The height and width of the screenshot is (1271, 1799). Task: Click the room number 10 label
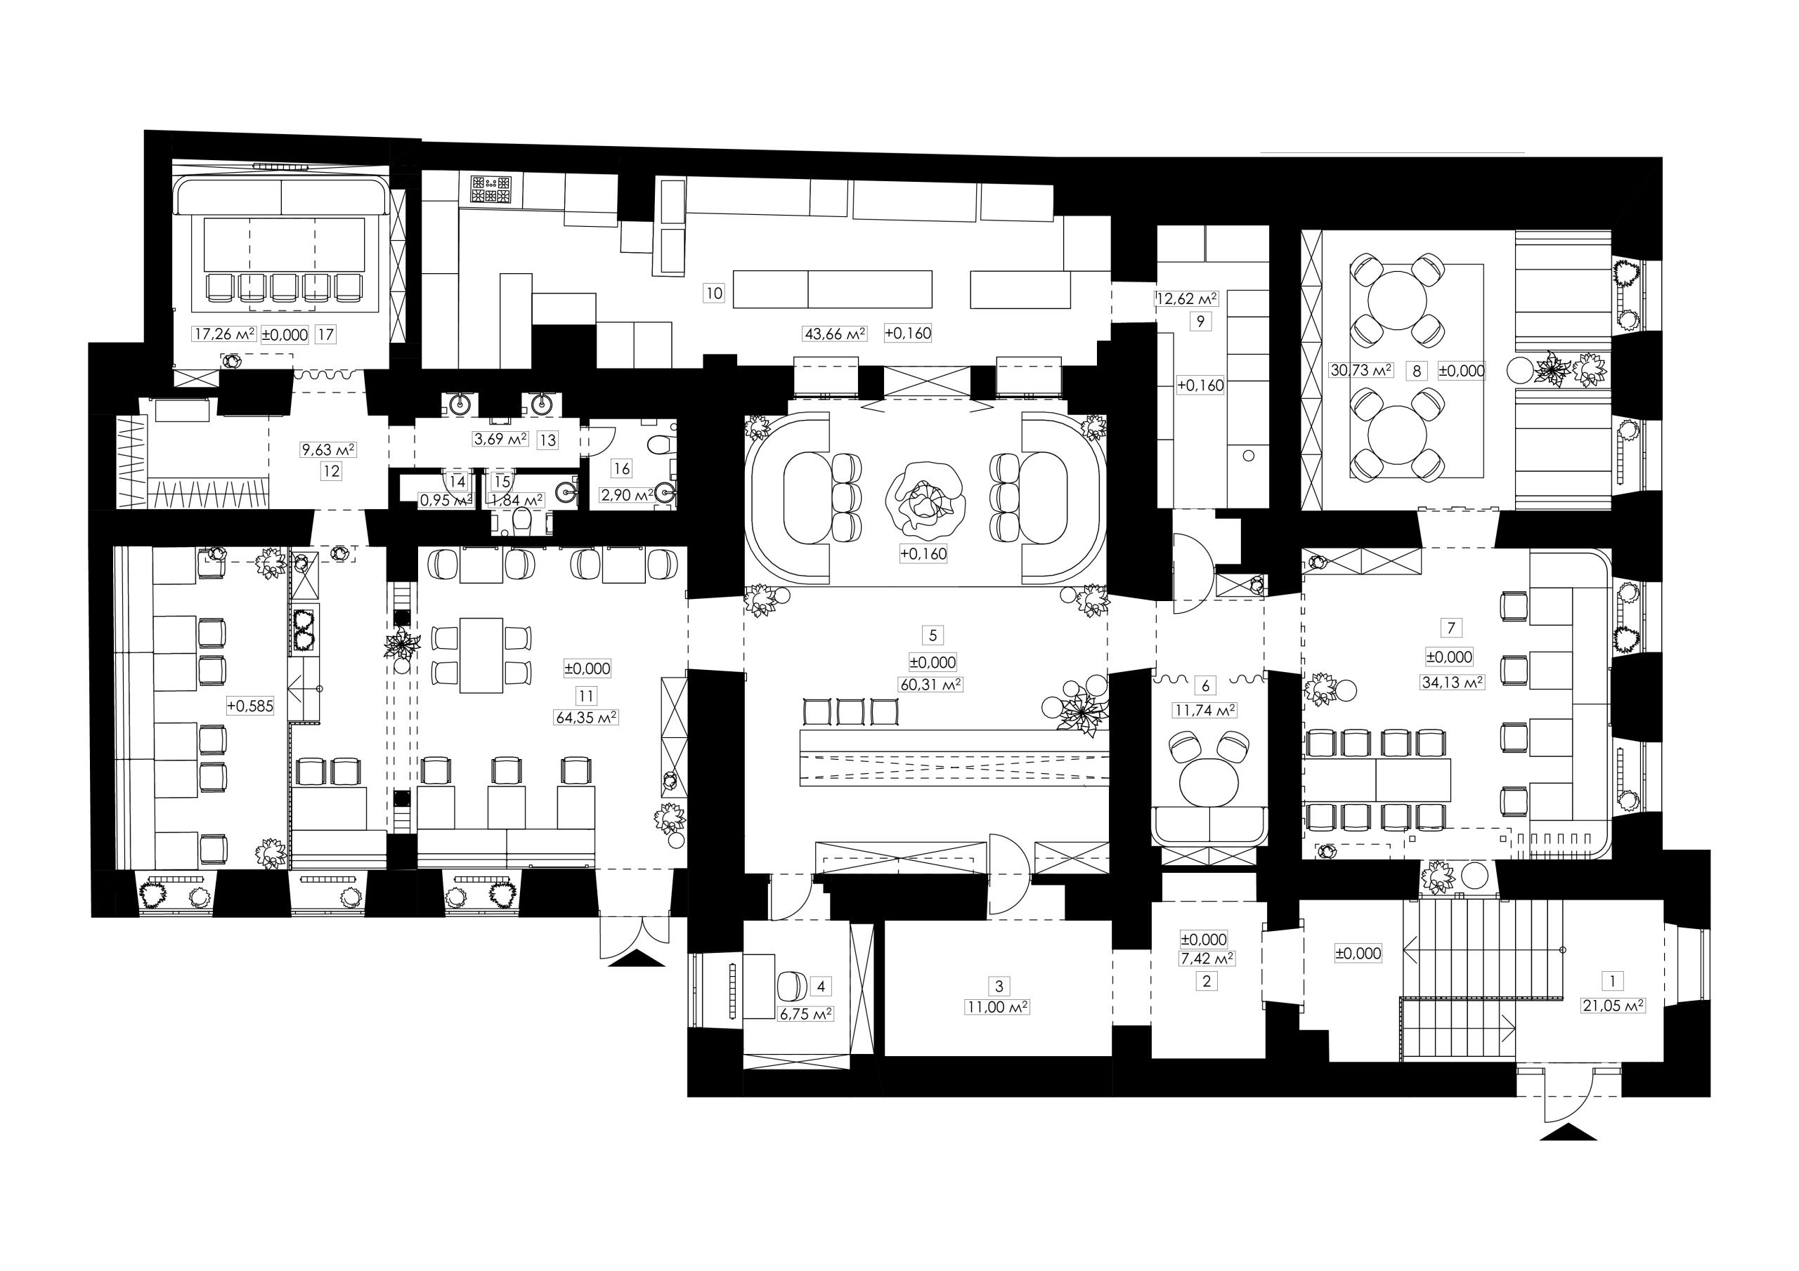714,294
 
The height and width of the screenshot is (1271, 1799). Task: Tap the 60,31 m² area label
931,684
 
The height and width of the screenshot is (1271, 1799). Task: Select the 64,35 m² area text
586,716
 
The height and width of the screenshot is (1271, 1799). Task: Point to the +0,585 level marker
250,706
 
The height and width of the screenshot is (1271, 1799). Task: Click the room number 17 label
325,334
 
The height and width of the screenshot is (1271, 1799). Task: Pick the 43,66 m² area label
834,334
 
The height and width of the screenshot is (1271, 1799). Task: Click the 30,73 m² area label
1362,369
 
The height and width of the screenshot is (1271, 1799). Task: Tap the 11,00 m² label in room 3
997,1007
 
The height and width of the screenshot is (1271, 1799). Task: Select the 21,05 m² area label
1613,1006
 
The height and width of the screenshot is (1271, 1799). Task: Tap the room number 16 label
621,468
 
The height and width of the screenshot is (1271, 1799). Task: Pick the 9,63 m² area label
329,450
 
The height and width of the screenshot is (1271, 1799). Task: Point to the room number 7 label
1451,627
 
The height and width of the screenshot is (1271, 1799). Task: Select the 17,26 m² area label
225,334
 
